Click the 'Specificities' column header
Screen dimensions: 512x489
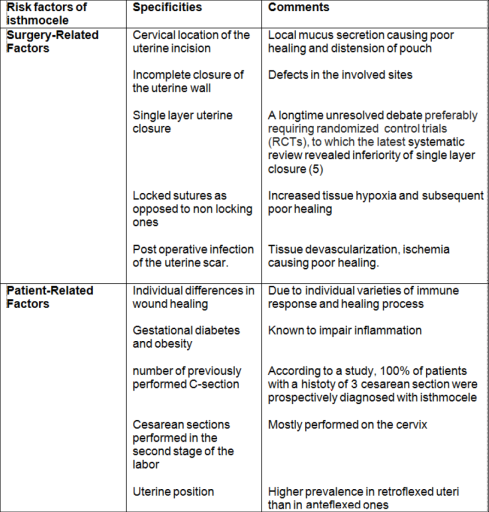[167, 7]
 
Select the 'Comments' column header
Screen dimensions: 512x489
[298, 7]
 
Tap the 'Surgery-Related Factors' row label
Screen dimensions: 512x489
[52, 41]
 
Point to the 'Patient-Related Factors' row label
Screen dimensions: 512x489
[49, 297]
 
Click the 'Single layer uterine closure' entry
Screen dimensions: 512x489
[182, 122]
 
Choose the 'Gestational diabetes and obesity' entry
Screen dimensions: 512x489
[186, 337]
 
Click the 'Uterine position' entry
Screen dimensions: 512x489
[173, 492]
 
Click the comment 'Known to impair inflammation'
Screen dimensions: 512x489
[344, 330]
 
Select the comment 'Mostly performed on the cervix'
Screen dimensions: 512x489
[347, 425]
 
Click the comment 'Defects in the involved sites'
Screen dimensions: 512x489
[340, 75]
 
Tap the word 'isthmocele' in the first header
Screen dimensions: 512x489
[37, 20]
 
